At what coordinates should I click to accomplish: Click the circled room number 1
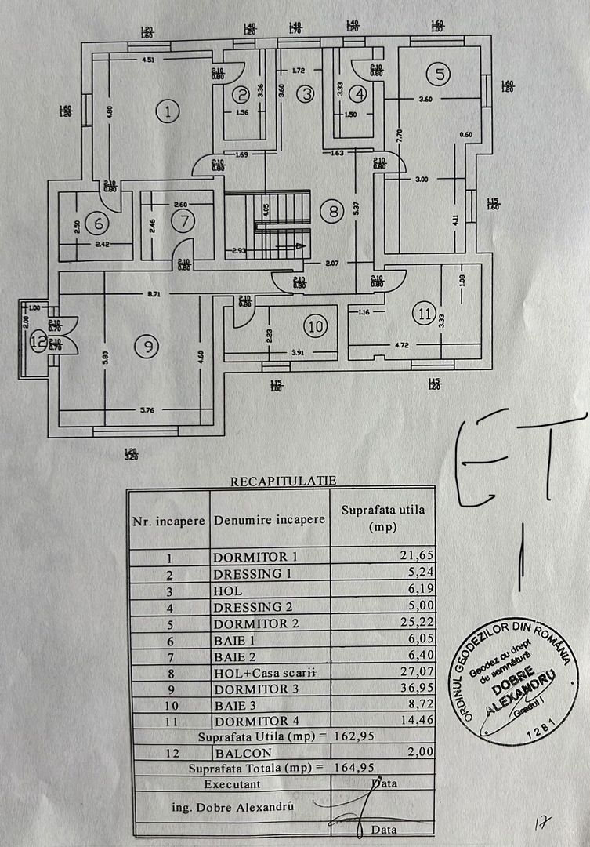167,111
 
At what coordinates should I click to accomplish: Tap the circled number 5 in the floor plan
440,74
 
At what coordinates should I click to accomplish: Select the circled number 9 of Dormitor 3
145,346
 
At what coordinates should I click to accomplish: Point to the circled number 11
424,314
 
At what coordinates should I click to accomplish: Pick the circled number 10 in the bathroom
315,326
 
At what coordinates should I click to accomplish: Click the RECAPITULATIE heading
282,481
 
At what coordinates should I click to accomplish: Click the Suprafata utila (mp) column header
382,518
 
